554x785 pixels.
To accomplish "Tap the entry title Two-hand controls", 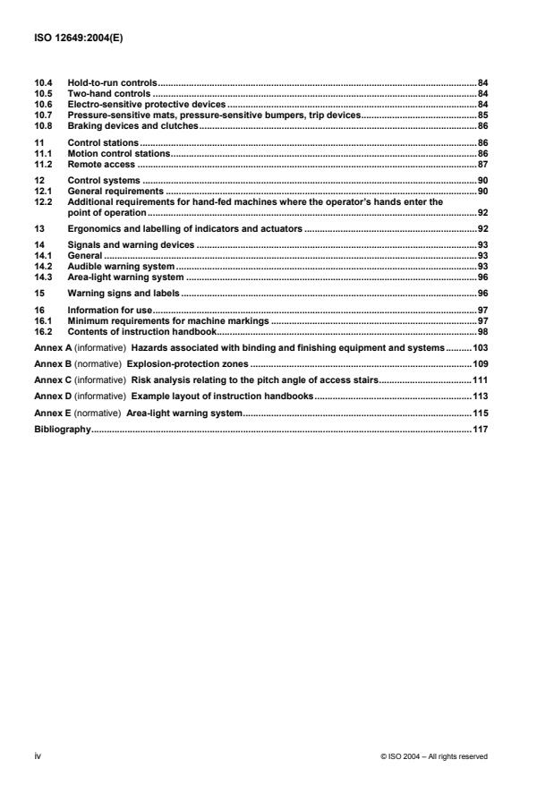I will coord(108,92).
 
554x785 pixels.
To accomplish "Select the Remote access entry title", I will coord(101,165).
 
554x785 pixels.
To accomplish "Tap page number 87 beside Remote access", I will coord(482,165).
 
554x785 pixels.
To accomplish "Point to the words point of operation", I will coord(107,212).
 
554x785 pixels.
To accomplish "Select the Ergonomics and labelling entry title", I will coord(185,230).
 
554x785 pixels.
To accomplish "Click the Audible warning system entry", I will coord(121,267).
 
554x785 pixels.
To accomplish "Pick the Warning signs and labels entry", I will coord(124,293).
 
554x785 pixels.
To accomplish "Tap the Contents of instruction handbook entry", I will coord(141,331).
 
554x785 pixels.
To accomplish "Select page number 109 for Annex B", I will coord(480,363).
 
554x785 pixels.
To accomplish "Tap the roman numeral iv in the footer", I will coord(38,756).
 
